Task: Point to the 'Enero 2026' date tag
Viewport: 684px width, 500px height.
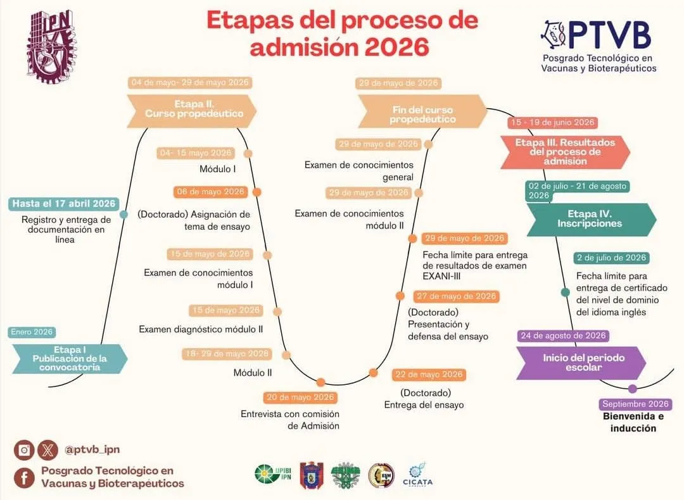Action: [x=32, y=332]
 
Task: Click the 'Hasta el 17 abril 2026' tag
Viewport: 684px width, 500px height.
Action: [x=64, y=204]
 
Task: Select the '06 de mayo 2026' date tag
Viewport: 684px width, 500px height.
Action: [x=210, y=192]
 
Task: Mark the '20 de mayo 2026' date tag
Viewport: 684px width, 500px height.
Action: [x=300, y=397]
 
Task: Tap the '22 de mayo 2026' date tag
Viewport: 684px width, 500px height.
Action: [x=429, y=375]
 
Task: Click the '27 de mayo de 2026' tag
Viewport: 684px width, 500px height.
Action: [x=455, y=296]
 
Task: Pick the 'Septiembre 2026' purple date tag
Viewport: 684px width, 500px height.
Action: [x=635, y=404]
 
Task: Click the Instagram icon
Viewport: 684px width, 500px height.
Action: [x=24, y=450]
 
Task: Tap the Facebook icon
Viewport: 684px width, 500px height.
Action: [x=24, y=477]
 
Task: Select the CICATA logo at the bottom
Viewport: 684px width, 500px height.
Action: [x=417, y=474]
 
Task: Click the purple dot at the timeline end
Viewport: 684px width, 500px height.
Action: [x=632, y=389]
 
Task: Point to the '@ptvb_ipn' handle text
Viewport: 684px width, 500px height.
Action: [x=92, y=450]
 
